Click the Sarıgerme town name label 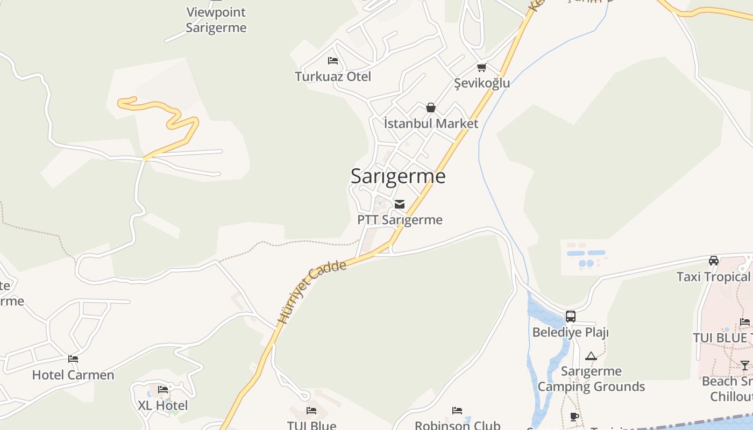pos(398,176)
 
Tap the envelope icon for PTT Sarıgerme pos(400,204)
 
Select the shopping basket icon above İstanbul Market pos(430,107)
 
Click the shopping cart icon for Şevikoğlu pos(481,68)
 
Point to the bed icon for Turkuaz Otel pos(333,61)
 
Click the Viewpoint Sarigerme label pos(216,20)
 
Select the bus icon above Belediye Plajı pos(571,317)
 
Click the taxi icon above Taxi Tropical pos(714,261)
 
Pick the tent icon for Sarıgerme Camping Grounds pos(591,356)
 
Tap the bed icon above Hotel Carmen pos(73,359)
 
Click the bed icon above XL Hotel pos(163,390)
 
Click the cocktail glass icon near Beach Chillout pos(745,365)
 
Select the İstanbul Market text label pos(431,124)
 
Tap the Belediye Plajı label pos(570,332)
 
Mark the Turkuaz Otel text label pos(333,77)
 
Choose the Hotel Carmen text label pos(73,375)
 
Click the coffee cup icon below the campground pos(574,417)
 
